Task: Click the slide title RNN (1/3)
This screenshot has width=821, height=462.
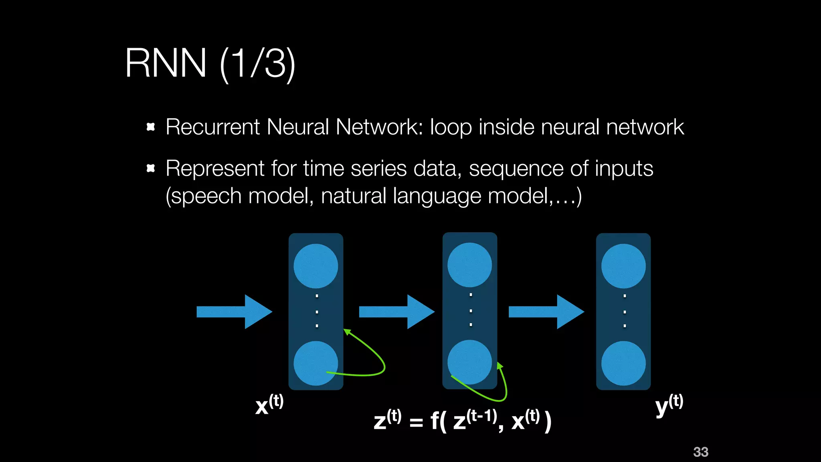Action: click(210, 63)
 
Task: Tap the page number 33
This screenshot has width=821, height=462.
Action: click(700, 452)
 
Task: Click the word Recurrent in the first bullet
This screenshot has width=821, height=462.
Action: click(212, 127)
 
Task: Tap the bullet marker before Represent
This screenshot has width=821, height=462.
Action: click(151, 168)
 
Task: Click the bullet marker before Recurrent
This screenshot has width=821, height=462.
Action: click(151, 127)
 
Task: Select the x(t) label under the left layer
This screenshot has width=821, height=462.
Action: click(269, 404)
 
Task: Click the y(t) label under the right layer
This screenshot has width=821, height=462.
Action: click(669, 404)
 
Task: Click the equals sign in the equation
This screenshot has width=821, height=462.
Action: click(416, 422)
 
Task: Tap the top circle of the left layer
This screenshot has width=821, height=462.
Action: click(315, 266)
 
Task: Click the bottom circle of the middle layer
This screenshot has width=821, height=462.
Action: click(469, 362)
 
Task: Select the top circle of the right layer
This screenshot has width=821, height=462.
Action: click(623, 266)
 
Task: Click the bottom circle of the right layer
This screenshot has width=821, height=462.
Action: click(623, 363)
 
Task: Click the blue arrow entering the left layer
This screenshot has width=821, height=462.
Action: click(234, 312)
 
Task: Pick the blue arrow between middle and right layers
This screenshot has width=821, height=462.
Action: click(546, 312)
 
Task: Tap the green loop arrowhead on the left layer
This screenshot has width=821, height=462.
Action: click(347, 332)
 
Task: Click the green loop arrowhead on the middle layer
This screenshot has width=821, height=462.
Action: click(499, 365)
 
